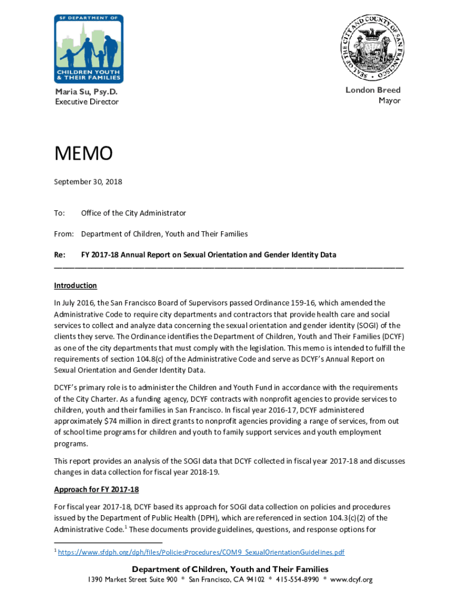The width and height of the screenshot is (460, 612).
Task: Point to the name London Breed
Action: tap(373, 90)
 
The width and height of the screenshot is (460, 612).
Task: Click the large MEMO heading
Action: tap(83, 154)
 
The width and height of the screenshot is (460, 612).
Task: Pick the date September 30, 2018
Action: tap(88, 181)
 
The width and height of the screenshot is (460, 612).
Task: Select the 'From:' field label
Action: tap(63, 234)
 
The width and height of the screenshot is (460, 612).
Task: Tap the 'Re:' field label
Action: tap(60, 255)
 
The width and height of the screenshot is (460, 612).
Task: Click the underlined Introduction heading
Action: tap(75, 286)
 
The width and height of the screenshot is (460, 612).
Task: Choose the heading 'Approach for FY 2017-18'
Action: tap(96, 489)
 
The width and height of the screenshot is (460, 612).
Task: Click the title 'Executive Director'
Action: tap(87, 102)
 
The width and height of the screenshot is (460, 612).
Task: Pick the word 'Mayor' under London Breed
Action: tap(389, 101)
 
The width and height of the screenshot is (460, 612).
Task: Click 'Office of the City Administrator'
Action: tap(133, 213)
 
